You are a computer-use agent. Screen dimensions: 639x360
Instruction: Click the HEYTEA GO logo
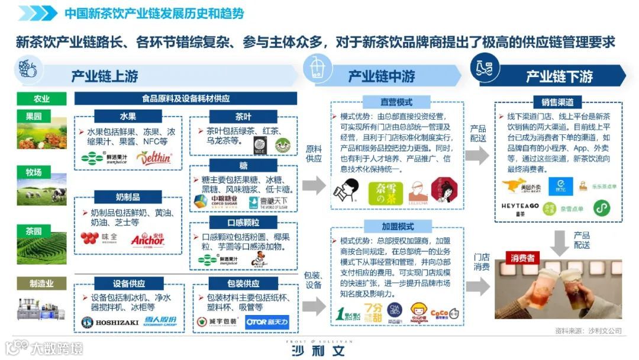pos(520,205)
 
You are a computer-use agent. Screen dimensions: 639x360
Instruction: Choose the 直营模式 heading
pos(396,101)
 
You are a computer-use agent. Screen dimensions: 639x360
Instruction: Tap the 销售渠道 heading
pos(557,101)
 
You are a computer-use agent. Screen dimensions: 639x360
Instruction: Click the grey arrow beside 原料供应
pos(314,185)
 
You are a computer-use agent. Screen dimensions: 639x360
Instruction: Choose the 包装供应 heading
pos(243,284)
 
